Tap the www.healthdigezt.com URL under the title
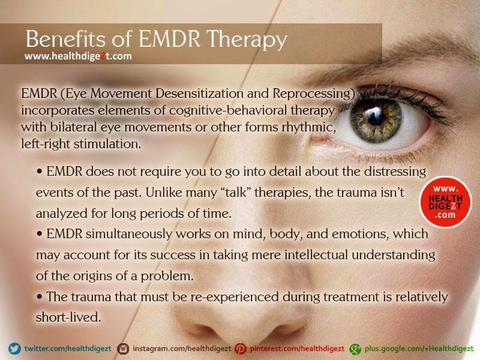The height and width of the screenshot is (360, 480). (x=78, y=56)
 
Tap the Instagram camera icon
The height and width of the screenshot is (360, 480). (x=124, y=348)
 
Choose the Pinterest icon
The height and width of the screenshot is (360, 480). (x=241, y=348)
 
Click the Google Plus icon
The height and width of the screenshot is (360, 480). (x=355, y=348)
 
